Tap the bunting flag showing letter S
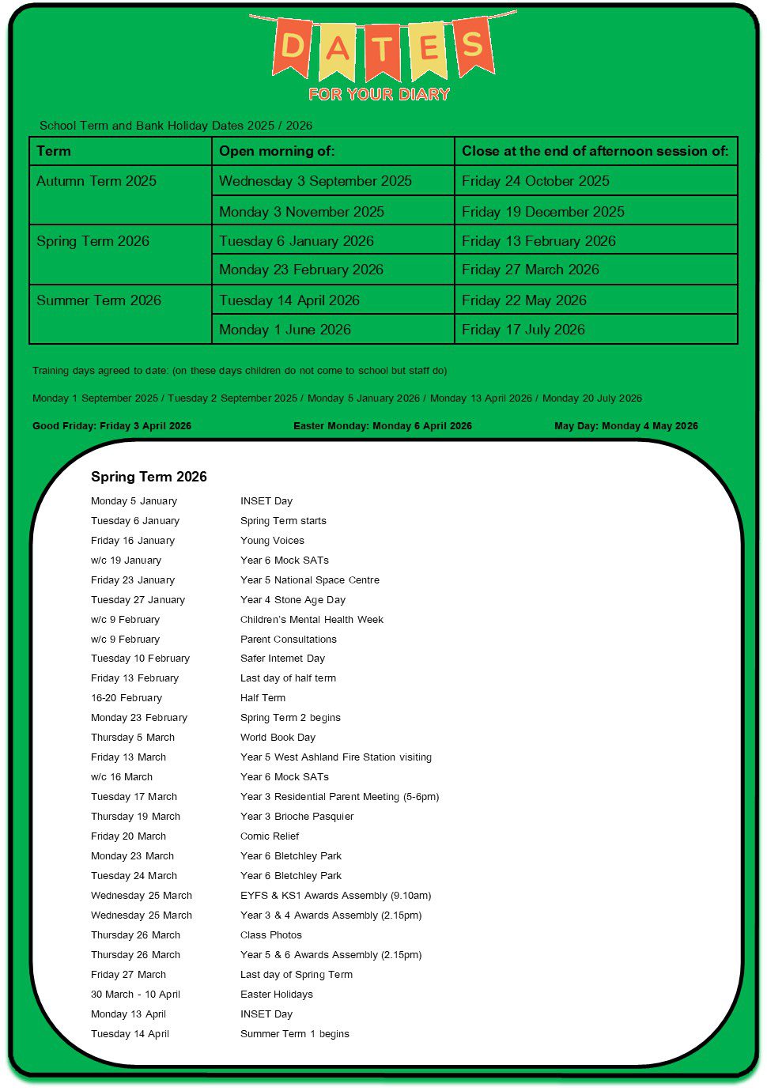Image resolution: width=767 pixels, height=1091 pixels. pos(473,44)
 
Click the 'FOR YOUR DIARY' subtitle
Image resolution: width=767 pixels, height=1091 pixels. pos(379,94)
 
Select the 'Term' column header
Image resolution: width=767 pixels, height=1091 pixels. pos(54,151)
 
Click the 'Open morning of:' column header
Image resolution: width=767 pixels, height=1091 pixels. pos(277,151)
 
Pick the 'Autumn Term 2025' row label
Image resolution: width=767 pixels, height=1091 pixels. pos(96,181)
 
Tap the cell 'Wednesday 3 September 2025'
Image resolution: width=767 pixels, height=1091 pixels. pos(315,181)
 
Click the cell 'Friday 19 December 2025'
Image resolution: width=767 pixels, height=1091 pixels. pos(542,212)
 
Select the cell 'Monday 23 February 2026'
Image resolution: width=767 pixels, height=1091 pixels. pos(300,270)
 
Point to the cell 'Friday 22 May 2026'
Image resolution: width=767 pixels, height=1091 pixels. pos(523,300)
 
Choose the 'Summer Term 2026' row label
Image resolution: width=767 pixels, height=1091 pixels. pos(99,300)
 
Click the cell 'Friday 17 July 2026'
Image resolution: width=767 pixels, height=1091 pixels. pos(523,330)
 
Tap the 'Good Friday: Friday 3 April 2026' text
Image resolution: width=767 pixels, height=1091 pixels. pos(111,425)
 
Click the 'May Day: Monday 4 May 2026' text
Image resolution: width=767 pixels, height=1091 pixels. pos(625,425)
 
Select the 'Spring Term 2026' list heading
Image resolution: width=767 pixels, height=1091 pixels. pos(149,477)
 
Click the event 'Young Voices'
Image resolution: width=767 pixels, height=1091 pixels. pos(272,541)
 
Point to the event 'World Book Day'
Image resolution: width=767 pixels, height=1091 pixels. pos(278,738)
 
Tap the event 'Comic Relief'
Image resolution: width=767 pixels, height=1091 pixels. pos(270,836)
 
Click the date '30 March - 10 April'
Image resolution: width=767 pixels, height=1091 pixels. pos(135,995)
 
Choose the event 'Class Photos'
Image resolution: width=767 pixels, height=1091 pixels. pos(271,935)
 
